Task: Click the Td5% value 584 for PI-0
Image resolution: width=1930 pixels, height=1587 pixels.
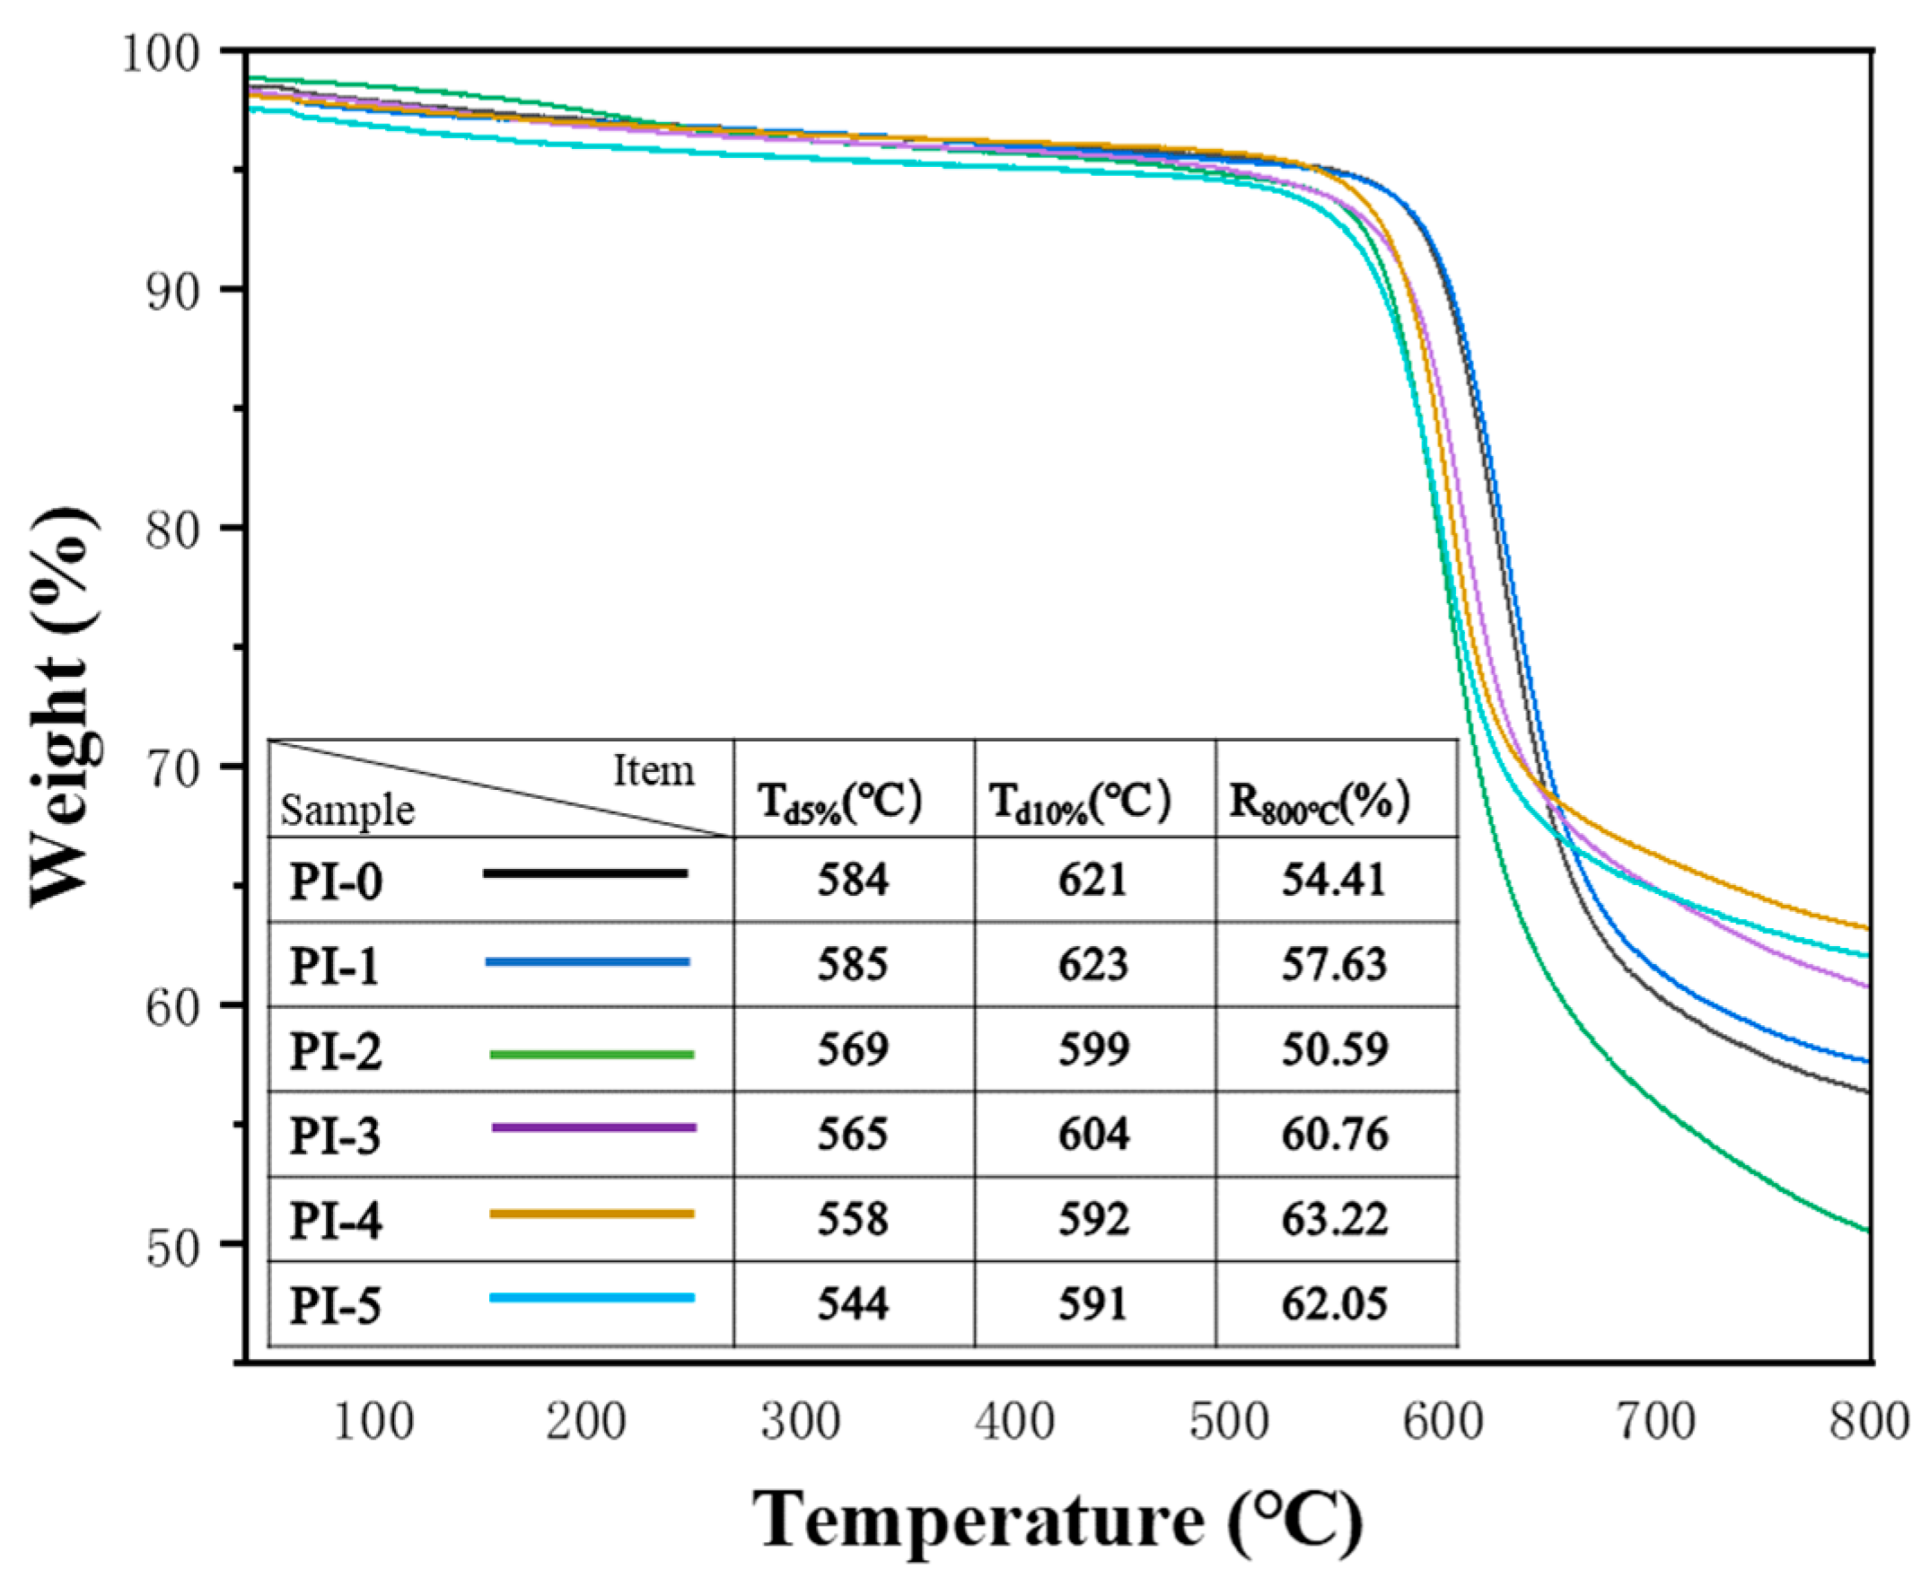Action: click(852, 880)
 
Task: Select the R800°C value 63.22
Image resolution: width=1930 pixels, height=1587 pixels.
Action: click(1334, 1219)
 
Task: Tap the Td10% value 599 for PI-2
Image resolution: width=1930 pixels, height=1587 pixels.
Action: click(1093, 1048)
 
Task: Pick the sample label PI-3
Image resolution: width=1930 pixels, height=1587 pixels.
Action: click(335, 1136)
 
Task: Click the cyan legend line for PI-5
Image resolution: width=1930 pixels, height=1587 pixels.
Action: click(592, 1297)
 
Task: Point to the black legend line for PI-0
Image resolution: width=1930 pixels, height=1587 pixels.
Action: click(585, 874)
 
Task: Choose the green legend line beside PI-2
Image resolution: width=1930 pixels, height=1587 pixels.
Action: click(592, 1054)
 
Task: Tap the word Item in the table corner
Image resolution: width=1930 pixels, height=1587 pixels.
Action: click(653, 771)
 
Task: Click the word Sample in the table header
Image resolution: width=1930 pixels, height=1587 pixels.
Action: click(347, 811)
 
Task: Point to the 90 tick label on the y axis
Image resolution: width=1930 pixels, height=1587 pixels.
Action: click(171, 290)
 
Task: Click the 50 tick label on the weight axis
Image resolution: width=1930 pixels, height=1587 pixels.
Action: click(171, 1245)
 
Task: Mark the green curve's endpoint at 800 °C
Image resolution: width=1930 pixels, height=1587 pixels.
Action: click(1867, 1232)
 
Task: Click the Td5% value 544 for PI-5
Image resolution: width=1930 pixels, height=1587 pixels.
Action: click(852, 1303)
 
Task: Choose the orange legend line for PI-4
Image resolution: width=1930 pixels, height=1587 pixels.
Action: click(592, 1213)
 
